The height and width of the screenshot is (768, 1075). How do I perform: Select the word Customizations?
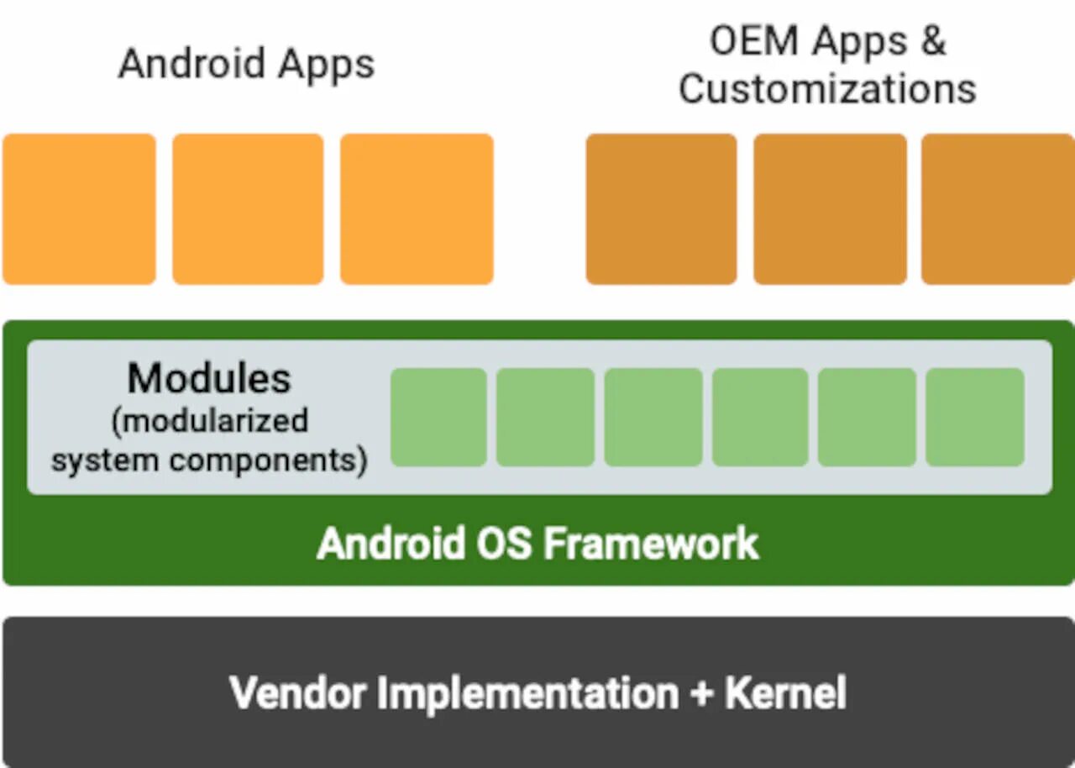[x=827, y=88]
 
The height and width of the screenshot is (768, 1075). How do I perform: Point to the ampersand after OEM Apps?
[x=931, y=40]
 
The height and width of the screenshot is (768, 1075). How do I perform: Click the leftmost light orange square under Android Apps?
[x=79, y=208]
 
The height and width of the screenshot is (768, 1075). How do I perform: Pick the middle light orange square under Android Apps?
[x=248, y=208]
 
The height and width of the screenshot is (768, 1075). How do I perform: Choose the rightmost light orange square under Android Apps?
[x=417, y=208]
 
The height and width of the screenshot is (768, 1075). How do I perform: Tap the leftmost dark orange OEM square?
[x=661, y=208]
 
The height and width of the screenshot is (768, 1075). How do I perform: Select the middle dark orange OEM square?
[x=830, y=208]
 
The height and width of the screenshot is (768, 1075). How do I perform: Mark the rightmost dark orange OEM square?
[x=998, y=208]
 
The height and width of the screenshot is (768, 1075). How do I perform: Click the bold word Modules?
[x=209, y=379]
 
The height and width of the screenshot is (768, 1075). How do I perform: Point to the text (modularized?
[x=209, y=419]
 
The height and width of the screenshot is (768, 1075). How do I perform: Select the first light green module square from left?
[x=438, y=417]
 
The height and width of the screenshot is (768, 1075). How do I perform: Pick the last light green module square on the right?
[x=975, y=417]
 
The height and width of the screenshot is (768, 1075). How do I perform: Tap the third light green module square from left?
[x=653, y=417]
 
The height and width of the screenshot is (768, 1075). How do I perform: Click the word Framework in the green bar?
[x=651, y=544]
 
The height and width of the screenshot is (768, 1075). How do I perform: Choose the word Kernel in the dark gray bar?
[x=785, y=693]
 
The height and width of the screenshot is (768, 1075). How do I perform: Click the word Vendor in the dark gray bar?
[x=297, y=693]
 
